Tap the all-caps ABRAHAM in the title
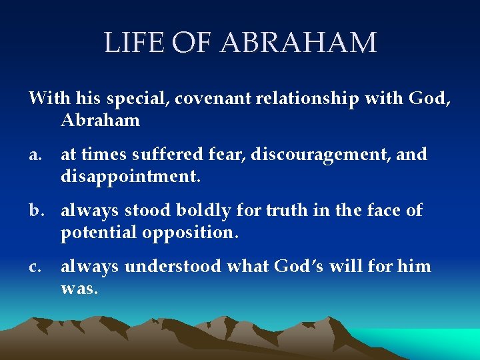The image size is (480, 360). pyautogui.click(x=298, y=43)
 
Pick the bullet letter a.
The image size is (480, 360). pyautogui.click(x=35, y=155)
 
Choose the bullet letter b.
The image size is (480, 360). pyautogui.click(x=35, y=211)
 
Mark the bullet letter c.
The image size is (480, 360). pyautogui.click(x=35, y=267)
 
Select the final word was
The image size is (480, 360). pyautogui.click(x=79, y=289)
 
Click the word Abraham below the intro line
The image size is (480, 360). pyautogui.click(x=100, y=120)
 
